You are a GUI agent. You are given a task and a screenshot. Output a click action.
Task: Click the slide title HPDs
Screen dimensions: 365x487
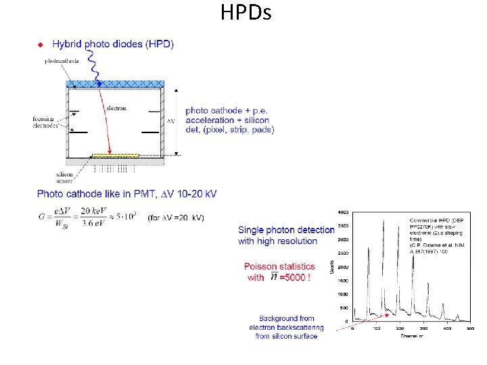(x=246, y=12)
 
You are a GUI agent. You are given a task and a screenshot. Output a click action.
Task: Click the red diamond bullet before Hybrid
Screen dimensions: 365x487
(x=40, y=45)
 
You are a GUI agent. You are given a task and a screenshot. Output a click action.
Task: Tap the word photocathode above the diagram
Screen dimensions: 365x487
(x=62, y=61)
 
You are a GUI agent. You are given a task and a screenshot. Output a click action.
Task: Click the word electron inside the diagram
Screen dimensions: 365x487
(x=116, y=108)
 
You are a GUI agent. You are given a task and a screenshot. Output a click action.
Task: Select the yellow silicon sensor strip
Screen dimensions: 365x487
(x=115, y=155)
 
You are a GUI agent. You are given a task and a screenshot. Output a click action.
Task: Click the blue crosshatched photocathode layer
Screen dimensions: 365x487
(x=115, y=84)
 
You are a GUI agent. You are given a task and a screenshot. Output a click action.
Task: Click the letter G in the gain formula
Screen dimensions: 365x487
(x=42, y=218)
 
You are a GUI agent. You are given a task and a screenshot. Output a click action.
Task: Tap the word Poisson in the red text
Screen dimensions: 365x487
(x=261, y=266)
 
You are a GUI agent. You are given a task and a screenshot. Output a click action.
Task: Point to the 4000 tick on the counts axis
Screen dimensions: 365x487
(x=343, y=212)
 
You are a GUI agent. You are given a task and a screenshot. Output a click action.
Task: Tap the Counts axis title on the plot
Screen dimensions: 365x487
(x=331, y=266)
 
